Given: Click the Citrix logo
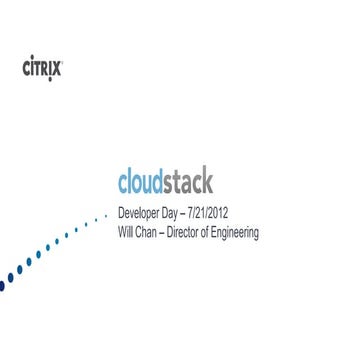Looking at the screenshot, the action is pyautogui.click(x=43, y=68).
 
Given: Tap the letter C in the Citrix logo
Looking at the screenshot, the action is pyautogui.click(x=27, y=68).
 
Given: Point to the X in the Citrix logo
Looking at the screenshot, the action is pyautogui.click(x=58, y=68).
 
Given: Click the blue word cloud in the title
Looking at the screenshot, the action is pyautogui.click(x=145, y=184).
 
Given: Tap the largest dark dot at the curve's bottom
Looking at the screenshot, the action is pyautogui.click(x=2, y=285).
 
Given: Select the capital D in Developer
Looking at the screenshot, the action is pyautogui.click(x=121, y=214).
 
